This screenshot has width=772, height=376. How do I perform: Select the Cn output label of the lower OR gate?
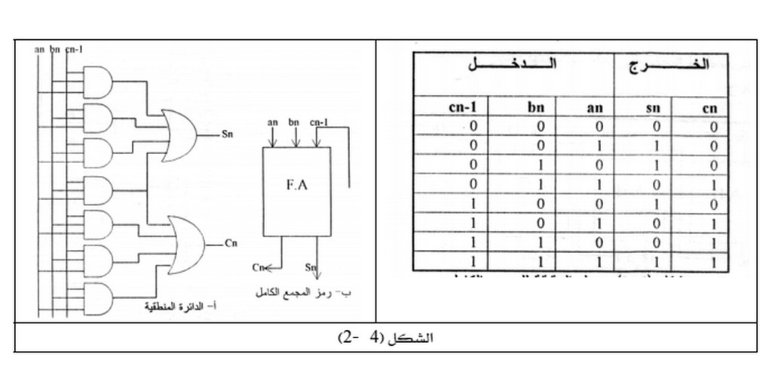point(231,244)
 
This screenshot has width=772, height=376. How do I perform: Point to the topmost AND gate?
point(97,83)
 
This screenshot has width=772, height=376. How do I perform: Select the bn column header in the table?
point(536,108)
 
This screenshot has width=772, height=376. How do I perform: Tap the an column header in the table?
point(595,108)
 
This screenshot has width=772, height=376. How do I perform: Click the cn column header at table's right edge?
point(709,108)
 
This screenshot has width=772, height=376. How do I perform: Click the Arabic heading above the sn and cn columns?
point(670,66)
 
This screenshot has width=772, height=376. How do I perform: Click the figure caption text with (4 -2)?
point(385,337)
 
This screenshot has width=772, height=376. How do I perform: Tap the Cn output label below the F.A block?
point(258,267)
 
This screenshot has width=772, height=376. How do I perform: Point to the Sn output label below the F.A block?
point(310,267)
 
